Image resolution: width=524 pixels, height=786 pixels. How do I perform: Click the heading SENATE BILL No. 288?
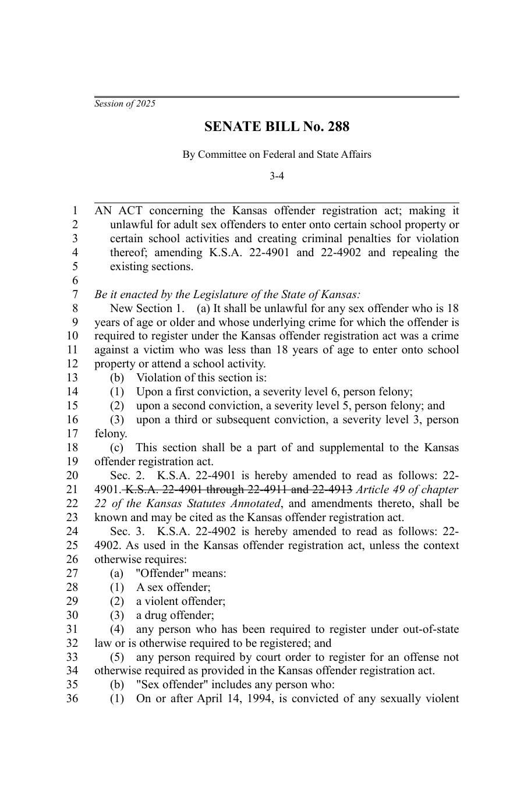tap(277, 127)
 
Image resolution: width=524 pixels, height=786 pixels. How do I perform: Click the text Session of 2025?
tap(125, 104)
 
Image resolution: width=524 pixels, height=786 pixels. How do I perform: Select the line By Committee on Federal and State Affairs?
tap(277, 154)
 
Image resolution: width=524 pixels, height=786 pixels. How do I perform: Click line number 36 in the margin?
tap(72, 699)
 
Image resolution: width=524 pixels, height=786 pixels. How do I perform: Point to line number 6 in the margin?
tap(75, 281)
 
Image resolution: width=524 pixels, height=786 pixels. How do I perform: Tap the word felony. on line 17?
tap(111, 434)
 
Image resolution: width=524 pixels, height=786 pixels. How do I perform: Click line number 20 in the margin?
tap(72, 476)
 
